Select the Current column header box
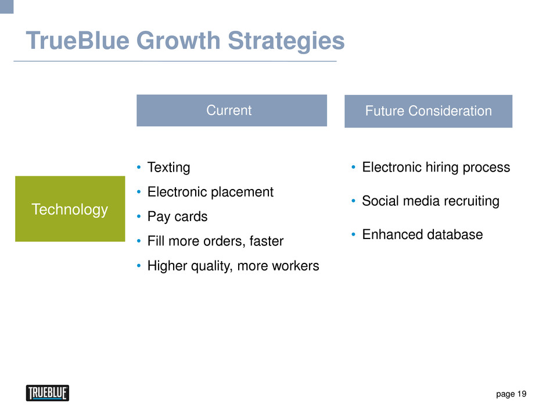tap(232, 110)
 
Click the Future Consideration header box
tap(428, 111)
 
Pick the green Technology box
tap(70, 208)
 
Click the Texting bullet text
tap(168, 167)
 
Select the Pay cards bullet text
tap(177, 216)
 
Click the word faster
tap(267, 241)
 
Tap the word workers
tap(296, 266)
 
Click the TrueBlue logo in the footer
tap(48, 393)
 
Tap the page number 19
tap(522, 394)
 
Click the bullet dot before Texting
tap(139, 167)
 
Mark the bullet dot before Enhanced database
tap(353, 234)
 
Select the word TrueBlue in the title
tap(78, 41)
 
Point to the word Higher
tap(167, 266)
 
